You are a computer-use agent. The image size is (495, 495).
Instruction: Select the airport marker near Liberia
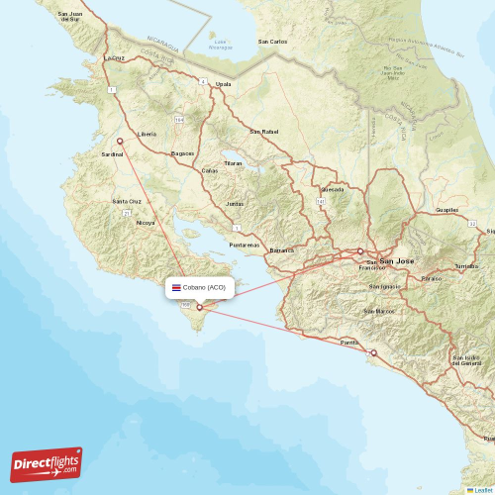coord(121,142)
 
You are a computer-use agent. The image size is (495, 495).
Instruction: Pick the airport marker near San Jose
coord(359,251)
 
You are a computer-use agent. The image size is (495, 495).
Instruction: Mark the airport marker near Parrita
coord(373,352)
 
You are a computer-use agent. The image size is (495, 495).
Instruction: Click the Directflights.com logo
coord(47,463)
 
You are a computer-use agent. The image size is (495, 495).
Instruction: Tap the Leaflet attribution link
coord(480,489)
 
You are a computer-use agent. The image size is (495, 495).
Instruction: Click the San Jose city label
coord(397,261)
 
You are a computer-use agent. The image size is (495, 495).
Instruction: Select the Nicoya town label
coord(146,223)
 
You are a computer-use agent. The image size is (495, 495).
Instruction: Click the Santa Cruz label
coord(128,201)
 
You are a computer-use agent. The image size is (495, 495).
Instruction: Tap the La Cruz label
coord(116,58)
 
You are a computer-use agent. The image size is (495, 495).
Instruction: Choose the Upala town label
coord(224,85)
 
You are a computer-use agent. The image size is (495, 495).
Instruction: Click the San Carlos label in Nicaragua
coord(272,42)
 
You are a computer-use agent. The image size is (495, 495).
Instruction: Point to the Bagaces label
coord(182,153)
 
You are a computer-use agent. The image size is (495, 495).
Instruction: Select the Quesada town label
coord(333,188)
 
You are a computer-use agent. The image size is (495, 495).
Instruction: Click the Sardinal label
coord(112,154)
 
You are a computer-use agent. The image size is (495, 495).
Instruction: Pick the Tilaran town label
coord(233,162)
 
